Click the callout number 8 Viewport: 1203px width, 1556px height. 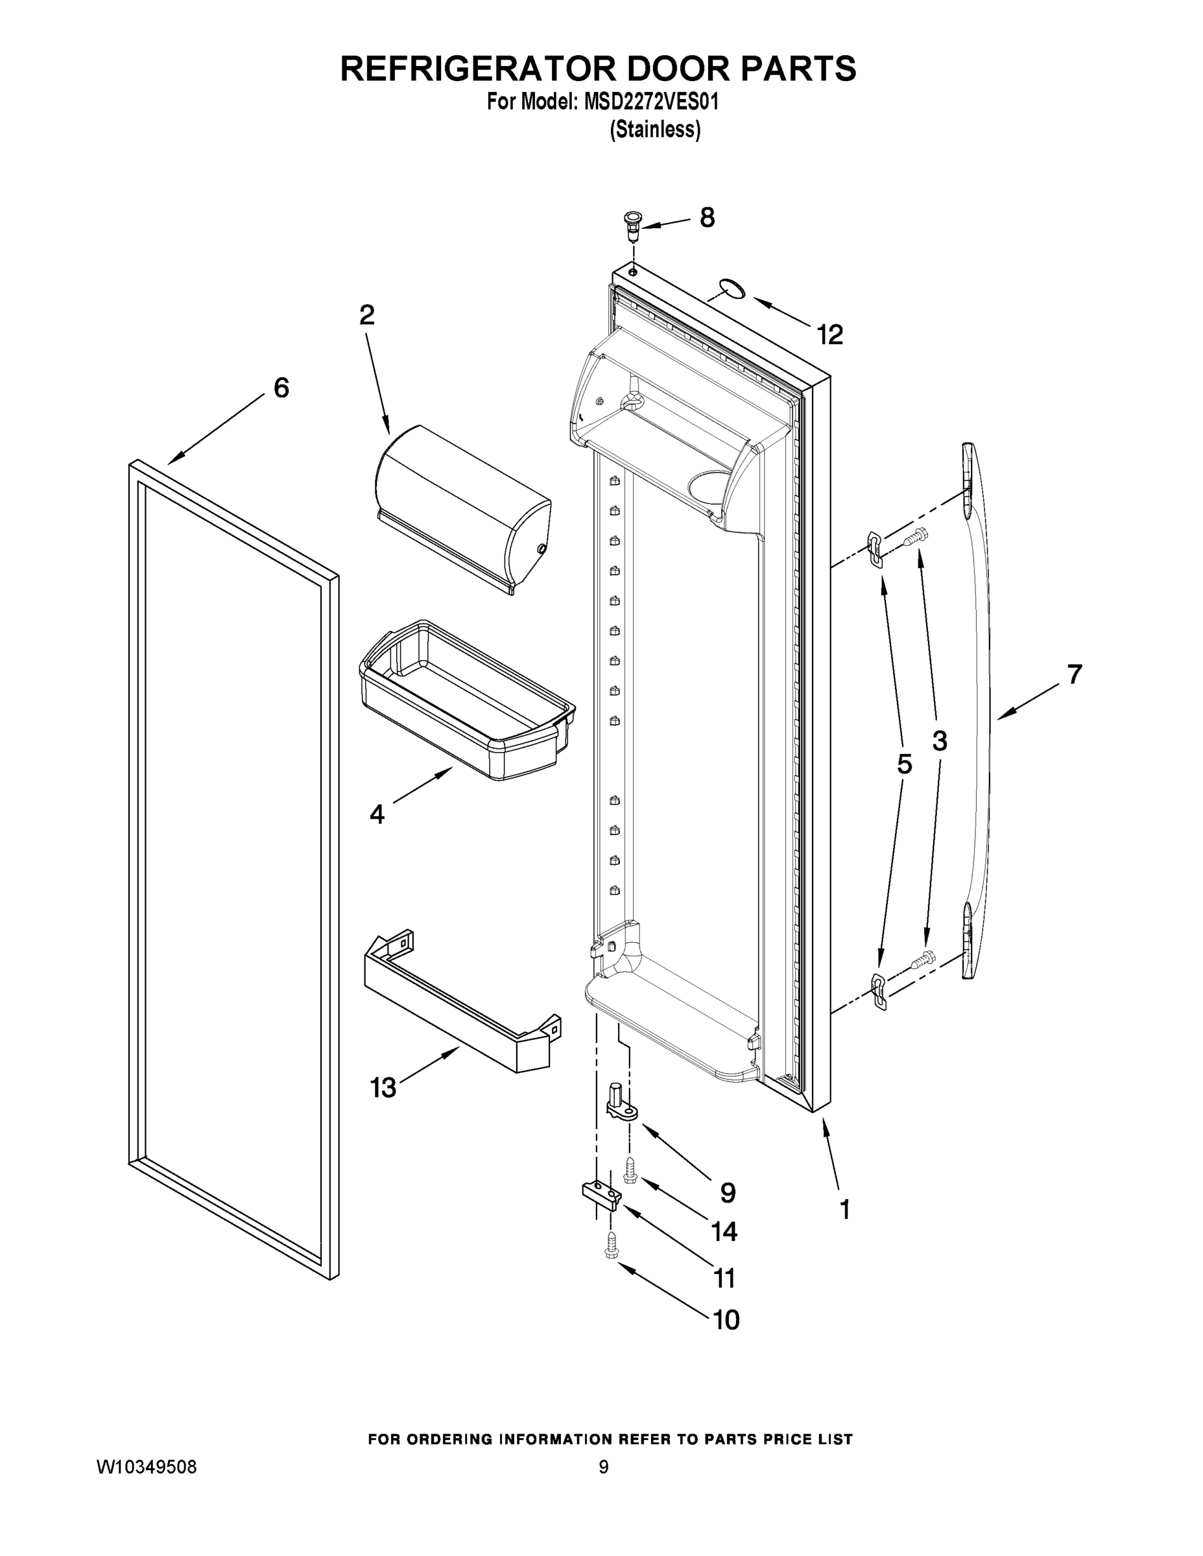tap(707, 217)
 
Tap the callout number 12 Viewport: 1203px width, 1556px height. tap(830, 334)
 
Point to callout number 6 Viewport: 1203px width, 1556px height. tap(281, 388)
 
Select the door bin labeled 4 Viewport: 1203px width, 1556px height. tap(467, 701)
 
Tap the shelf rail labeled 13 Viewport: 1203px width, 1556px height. tap(460, 1004)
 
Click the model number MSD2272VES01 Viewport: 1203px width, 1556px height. tap(650, 102)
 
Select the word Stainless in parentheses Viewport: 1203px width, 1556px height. tap(655, 130)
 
